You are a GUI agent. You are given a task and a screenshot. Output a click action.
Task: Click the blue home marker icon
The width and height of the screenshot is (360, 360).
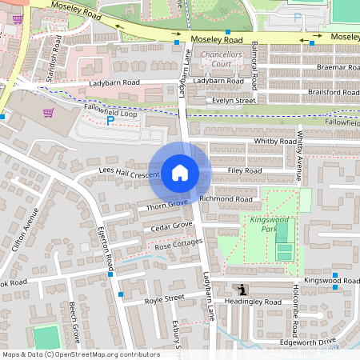pyautogui.click(x=180, y=173)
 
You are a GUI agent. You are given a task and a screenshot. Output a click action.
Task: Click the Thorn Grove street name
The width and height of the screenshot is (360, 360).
pyautogui.click(x=166, y=206)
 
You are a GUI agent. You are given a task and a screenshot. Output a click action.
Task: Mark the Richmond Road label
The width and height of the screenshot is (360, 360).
pyautogui.click(x=226, y=198)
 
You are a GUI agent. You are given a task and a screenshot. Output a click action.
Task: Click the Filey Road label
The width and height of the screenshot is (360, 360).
pyautogui.click(x=244, y=170)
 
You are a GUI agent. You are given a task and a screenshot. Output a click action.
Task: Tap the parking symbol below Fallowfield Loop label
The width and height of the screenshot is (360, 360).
pyautogui.click(x=110, y=121)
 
